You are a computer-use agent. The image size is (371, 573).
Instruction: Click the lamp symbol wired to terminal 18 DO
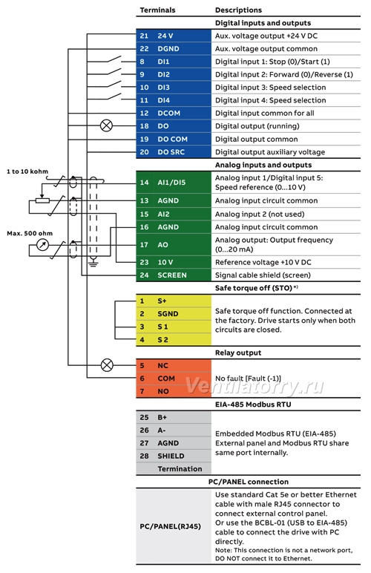tap(106, 125)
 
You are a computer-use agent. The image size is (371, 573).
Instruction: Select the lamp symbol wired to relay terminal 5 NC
tap(107, 365)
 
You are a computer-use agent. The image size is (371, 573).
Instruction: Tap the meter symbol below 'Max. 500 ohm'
tap(43, 245)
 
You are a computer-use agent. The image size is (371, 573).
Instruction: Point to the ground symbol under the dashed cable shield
tap(93, 263)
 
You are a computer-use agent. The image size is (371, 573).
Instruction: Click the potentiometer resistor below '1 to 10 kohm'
tap(42, 200)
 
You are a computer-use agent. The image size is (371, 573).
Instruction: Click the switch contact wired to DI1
tap(114, 59)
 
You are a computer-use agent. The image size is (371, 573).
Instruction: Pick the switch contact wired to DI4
tap(114, 98)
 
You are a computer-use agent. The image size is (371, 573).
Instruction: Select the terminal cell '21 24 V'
tap(174, 36)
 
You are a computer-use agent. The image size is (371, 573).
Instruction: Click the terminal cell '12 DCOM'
tap(174, 114)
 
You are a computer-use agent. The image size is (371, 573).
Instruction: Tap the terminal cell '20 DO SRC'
tap(174, 152)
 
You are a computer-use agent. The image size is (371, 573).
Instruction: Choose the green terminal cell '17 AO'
tap(174, 245)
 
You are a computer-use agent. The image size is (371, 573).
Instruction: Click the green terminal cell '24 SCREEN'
tap(174, 275)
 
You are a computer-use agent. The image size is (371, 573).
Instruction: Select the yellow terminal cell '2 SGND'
tap(174, 314)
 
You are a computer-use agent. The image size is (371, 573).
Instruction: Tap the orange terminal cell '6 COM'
tap(174, 379)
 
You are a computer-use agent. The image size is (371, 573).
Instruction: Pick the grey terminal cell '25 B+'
tap(174, 417)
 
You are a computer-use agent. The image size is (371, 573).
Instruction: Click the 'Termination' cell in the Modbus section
tap(174, 469)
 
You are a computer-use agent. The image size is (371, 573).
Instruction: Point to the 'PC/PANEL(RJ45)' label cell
tap(174, 526)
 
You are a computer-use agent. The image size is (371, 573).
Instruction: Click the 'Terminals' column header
tap(157, 10)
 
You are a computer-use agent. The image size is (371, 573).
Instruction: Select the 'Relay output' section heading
tap(238, 353)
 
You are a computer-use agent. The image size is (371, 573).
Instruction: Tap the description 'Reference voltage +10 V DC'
tap(263, 263)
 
